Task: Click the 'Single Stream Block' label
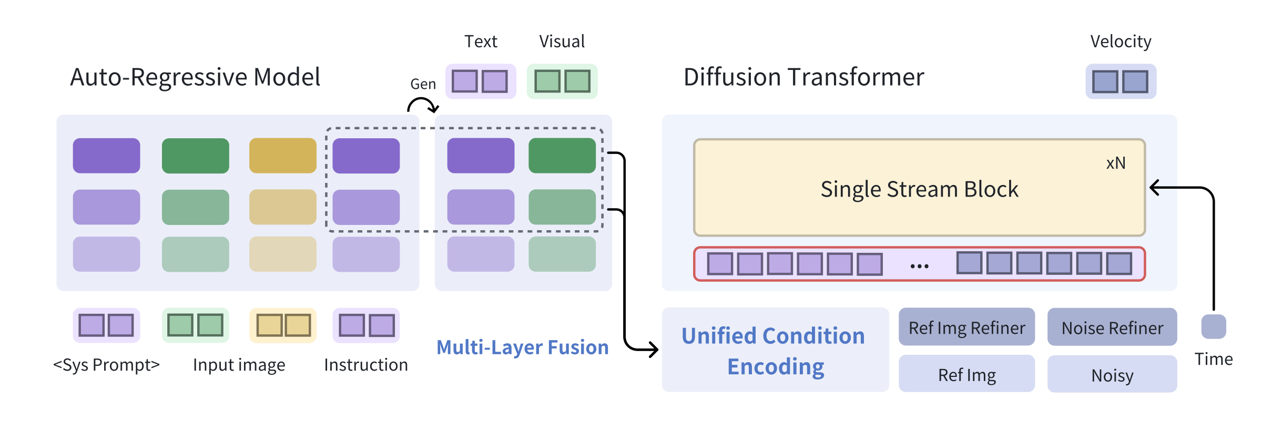(919, 189)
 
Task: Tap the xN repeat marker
(1116, 163)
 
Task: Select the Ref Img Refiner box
(966, 327)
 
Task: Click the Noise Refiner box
(1112, 327)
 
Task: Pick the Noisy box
(1112, 375)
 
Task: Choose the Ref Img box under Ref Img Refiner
(966, 375)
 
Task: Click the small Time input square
(1213, 327)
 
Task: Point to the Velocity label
(1121, 42)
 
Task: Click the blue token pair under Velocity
(1121, 81)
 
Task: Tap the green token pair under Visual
(562, 81)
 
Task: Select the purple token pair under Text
(480, 81)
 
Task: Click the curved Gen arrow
(423, 105)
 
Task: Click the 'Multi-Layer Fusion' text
(522, 347)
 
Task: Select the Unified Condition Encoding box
(775, 350)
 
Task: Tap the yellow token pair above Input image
(283, 325)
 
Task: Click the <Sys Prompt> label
(106, 365)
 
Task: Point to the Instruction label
(366, 365)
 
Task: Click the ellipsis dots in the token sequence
(919, 266)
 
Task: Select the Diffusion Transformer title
(803, 77)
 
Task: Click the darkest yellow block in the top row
(283, 156)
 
